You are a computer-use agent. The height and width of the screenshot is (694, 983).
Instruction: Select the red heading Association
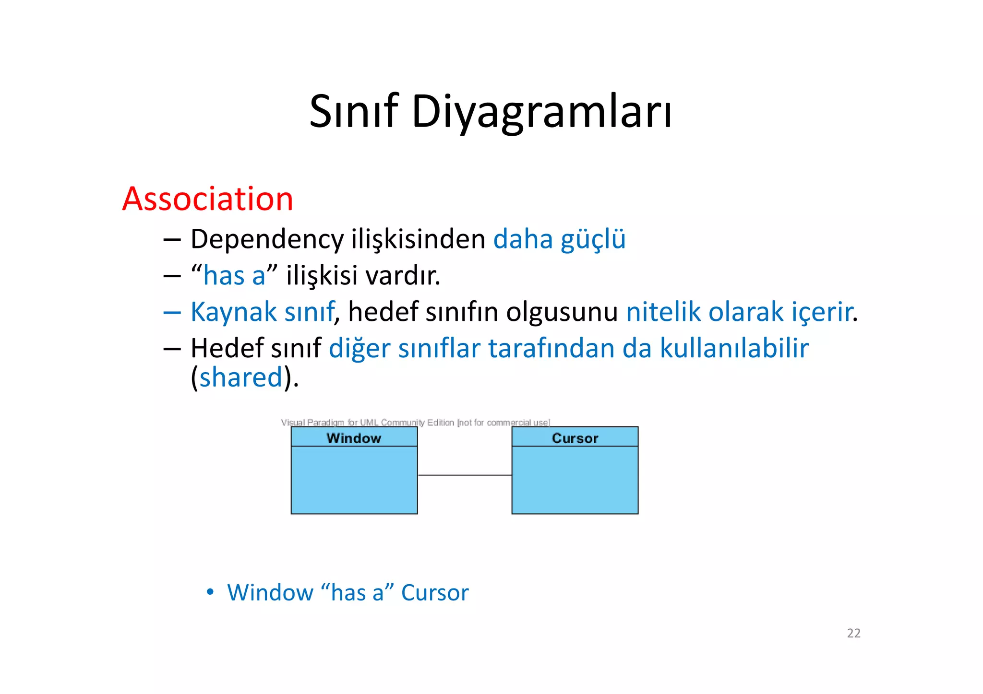(x=207, y=199)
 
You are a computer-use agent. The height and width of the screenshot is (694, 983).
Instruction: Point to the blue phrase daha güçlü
(x=559, y=239)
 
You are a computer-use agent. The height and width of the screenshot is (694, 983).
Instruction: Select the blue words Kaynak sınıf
(x=262, y=312)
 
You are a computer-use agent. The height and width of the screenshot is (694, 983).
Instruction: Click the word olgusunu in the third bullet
(x=562, y=312)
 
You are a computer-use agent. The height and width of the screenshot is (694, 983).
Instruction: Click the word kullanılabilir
(x=734, y=348)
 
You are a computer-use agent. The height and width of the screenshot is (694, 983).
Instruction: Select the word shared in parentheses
(x=241, y=377)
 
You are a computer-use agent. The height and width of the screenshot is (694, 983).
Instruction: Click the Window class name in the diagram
(x=354, y=438)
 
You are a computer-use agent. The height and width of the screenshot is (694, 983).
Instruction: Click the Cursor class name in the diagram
(x=575, y=438)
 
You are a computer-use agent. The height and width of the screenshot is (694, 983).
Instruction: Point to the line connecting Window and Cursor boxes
(x=464, y=475)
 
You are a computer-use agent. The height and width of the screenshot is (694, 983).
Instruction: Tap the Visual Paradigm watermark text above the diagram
(x=415, y=423)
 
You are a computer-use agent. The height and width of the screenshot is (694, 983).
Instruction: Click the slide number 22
(x=853, y=633)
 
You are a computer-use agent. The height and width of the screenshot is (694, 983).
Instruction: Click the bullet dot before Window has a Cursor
(x=210, y=592)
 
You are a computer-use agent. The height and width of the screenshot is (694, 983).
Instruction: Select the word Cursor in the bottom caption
(x=434, y=593)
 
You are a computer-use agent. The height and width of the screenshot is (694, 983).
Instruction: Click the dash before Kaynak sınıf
(x=172, y=313)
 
